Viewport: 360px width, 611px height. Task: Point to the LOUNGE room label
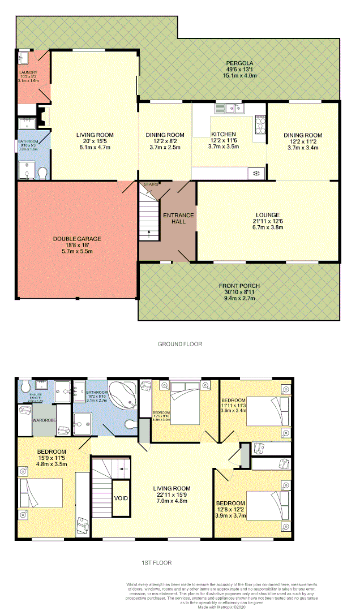coord(268,215)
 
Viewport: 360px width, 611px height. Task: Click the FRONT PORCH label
coord(239,286)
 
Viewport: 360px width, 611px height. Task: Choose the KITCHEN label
coord(224,134)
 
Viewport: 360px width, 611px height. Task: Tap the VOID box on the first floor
coord(121,498)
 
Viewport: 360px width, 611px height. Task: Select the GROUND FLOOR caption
coord(180,344)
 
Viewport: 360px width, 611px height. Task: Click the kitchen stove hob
coord(261,123)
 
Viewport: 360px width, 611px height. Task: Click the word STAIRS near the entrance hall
coord(151,184)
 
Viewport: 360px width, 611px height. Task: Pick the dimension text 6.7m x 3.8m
coord(268,227)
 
